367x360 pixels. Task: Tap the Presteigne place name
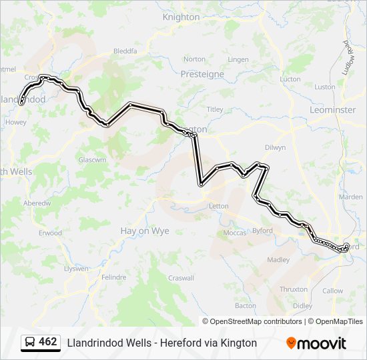click(x=202, y=75)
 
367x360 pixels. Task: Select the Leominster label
click(x=332, y=109)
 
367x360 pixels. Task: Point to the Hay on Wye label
click(x=144, y=231)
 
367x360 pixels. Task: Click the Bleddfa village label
click(x=125, y=51)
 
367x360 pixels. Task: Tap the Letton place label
click(x=219, y=206)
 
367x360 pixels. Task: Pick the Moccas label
click(x=234, y=233)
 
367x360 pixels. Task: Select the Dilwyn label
click(x=275, y=147)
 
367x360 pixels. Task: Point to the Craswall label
click(x=181, y=278)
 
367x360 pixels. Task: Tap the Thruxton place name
click(x=294, y=289)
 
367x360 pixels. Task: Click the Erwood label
click(x=50, y=233)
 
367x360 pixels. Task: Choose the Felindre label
click(x=113, y=277)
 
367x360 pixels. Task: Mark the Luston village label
click(x=325, y=87)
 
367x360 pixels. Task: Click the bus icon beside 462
click(x=29, y=342)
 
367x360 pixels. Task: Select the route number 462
click(x=48, y=342)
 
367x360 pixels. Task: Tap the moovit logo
click(x=316, y=343)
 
